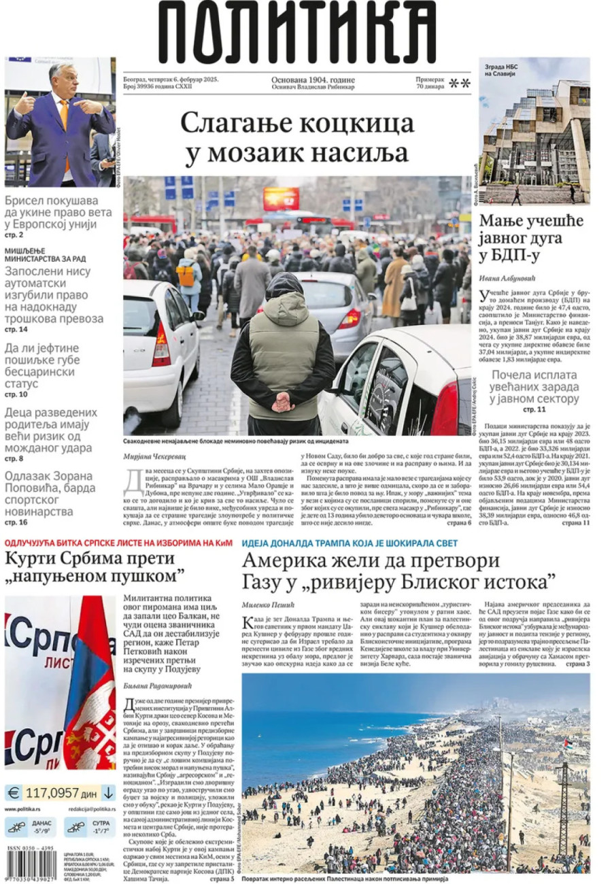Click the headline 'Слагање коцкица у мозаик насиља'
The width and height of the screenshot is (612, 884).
click(x=297, y=138)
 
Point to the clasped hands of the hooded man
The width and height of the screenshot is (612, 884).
click(x=282, y=404)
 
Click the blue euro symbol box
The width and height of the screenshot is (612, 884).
click(x=14, y=792)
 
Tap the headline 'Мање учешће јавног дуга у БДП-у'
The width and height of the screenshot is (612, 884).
click(x=532, y=238)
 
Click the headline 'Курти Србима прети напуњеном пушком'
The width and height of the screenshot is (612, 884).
click(x=95, y=567)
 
